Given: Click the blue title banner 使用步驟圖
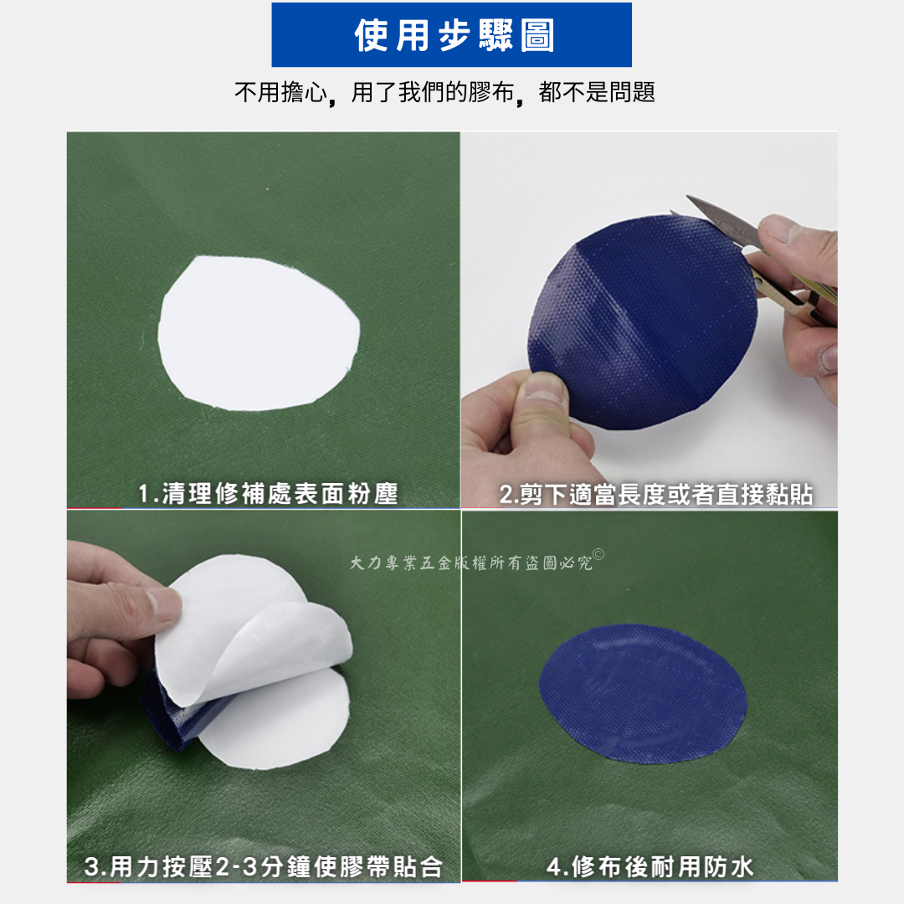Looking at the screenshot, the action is pos(451,34).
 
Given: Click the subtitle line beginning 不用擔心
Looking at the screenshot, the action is pos(444,92).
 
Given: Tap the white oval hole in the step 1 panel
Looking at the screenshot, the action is pos(259,333).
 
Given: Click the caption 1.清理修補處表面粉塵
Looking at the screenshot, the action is pos(268,494).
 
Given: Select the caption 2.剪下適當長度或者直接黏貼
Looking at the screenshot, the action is pos(656,495).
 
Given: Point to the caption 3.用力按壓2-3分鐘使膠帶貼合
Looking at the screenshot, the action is pos(264,866).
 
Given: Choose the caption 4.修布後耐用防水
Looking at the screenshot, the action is pos(650,866).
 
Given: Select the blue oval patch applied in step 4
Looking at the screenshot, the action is pos(643,694).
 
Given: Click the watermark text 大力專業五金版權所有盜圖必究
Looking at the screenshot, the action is pos(471,562).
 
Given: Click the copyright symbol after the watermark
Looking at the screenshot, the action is pos(598,555).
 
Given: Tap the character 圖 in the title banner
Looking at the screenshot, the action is pos(537,35).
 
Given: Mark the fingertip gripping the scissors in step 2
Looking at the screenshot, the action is pos(778,229).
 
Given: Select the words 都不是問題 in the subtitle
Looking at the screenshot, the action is pos(597,92).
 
